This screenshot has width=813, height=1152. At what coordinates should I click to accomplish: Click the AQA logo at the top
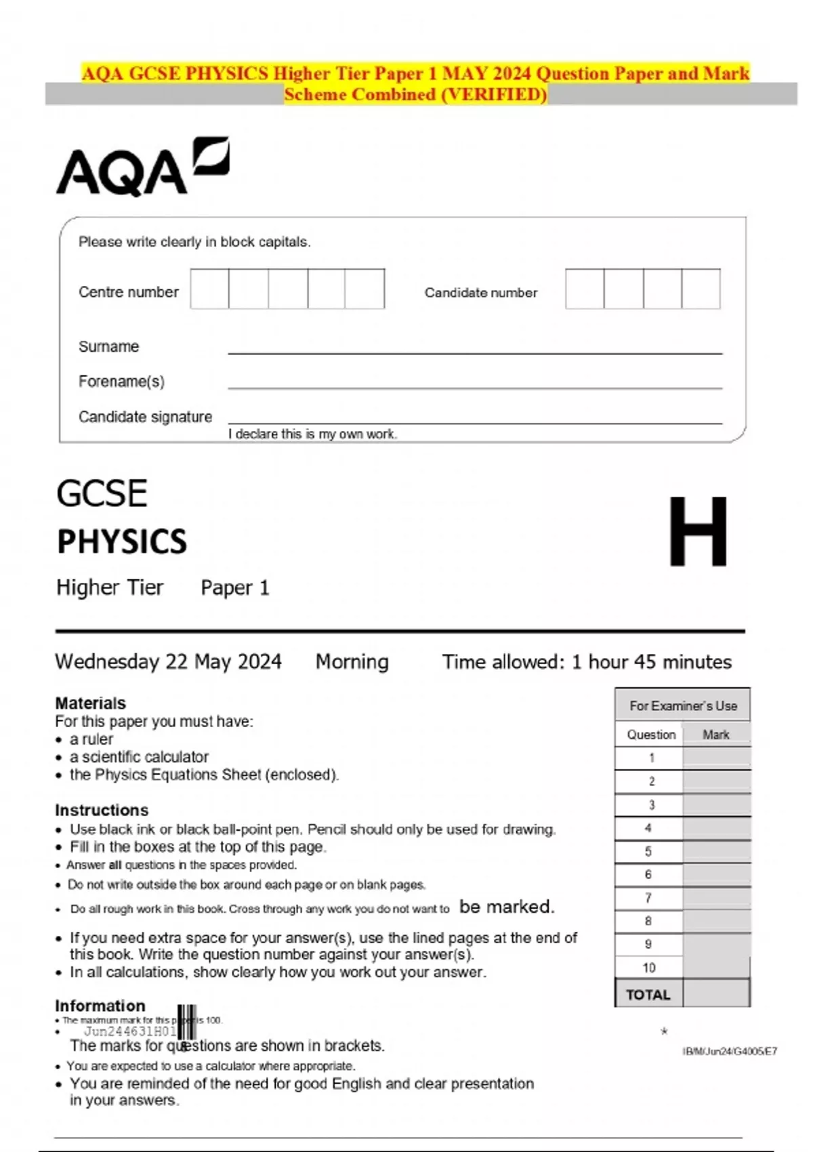pos(142,168)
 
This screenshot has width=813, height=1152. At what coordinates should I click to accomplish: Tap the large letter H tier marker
pos(698,532)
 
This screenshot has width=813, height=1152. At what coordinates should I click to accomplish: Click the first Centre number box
pos(209,289)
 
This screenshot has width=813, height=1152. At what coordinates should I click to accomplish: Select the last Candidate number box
pos(701,289)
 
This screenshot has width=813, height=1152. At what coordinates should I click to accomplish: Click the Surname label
pos(108,346)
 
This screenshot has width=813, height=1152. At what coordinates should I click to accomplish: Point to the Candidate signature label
pos(145,417)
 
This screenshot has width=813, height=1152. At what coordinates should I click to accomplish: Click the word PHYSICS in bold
pos(122,541)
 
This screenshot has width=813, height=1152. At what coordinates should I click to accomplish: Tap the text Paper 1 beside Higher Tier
pos(235,588)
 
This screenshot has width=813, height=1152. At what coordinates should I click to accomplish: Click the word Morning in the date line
pos(352,661)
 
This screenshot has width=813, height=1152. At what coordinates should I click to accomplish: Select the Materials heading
pos(90,703)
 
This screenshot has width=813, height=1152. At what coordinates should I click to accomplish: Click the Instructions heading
pos(102,810)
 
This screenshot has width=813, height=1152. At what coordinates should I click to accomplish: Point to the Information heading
pos(100,1006)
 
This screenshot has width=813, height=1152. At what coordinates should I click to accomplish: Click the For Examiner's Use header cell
pos(682,705)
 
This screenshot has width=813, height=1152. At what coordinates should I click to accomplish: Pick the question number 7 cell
pos(648,898)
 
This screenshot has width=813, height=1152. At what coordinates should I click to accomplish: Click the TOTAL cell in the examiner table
pos(648,994)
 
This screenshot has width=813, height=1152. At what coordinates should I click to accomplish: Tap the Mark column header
pos(716,735)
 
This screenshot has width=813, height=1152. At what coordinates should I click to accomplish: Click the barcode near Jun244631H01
pos(188,1023)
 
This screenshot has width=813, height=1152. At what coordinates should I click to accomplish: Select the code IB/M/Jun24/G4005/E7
pos(730,1051)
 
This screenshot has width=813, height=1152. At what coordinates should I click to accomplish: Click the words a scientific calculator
pos(138,756)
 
